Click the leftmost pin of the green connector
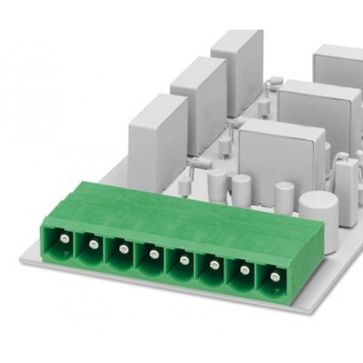[x=62, y=241]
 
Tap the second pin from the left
[x=93, y=244]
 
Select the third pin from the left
[x=123, y=249]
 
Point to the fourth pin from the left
[x=154, y=253]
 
